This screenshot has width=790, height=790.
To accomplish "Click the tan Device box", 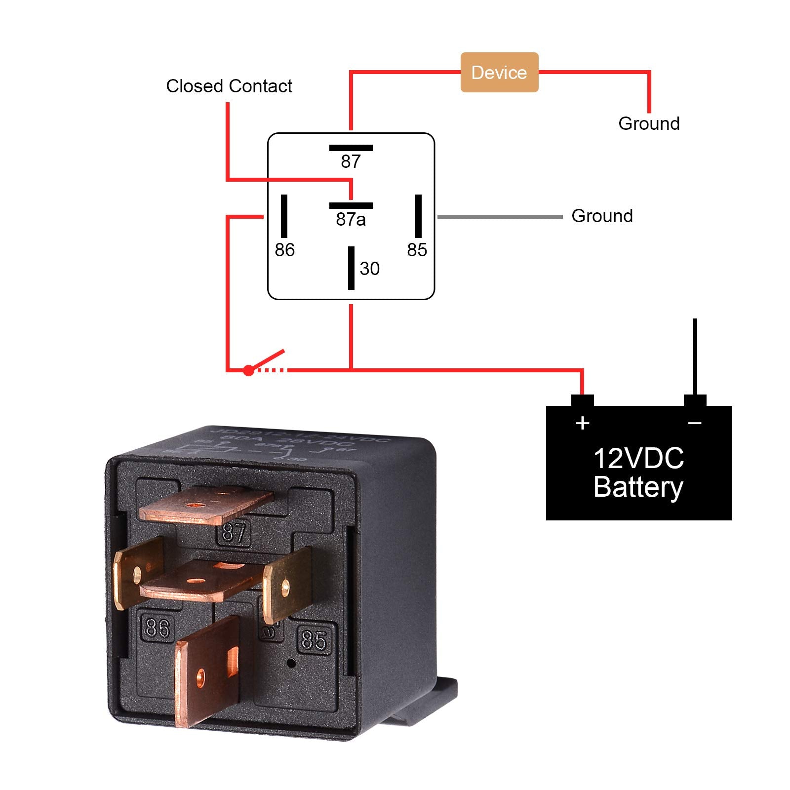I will click(499, 73).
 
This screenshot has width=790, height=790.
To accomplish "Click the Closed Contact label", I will click(229, 86).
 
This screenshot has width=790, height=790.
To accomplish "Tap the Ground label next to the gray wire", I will click(602, 216).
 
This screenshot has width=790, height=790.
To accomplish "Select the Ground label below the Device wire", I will click(649, 123).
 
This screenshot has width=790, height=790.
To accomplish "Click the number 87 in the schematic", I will click(351, 161).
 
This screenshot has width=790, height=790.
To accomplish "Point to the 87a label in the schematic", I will click(351, 219).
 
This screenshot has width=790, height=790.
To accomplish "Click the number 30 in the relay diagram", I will click(369, 269).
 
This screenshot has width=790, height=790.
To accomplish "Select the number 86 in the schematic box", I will click(284, 250).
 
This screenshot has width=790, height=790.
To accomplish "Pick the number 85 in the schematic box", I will click(417, 250).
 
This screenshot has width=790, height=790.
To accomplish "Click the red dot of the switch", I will click(248, 370).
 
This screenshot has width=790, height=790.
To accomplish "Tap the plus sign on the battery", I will click(583, 423).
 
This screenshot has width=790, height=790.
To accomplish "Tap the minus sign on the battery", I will click(695, 423).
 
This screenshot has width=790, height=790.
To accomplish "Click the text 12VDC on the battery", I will click(638, 458).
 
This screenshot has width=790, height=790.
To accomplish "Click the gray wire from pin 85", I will click(499, 216).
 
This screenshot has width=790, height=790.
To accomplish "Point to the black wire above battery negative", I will click(695, 355).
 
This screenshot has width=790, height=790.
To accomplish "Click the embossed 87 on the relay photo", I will click(234, 533).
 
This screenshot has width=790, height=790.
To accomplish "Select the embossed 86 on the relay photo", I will click(158, 628).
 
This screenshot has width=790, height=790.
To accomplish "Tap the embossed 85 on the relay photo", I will click(314, 640).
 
